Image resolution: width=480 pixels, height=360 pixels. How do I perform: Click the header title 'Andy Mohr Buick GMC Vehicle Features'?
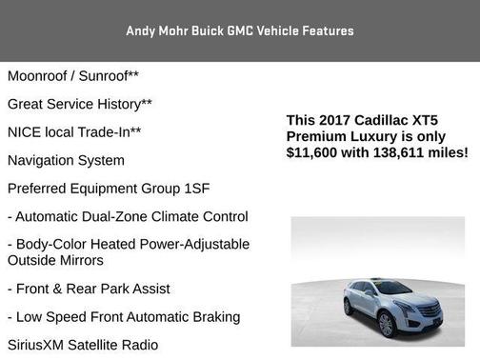(240, 30)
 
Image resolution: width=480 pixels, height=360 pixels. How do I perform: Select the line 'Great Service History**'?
(80, 103)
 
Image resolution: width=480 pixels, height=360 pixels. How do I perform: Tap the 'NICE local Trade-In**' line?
(74, 131)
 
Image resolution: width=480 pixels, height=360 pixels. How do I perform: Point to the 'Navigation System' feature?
(66, 160)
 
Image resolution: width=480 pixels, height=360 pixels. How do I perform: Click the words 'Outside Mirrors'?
(55, 260)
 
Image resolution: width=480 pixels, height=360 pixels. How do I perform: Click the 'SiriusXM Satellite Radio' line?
(83, 345)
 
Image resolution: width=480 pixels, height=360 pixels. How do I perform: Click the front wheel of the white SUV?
(386, 324)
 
